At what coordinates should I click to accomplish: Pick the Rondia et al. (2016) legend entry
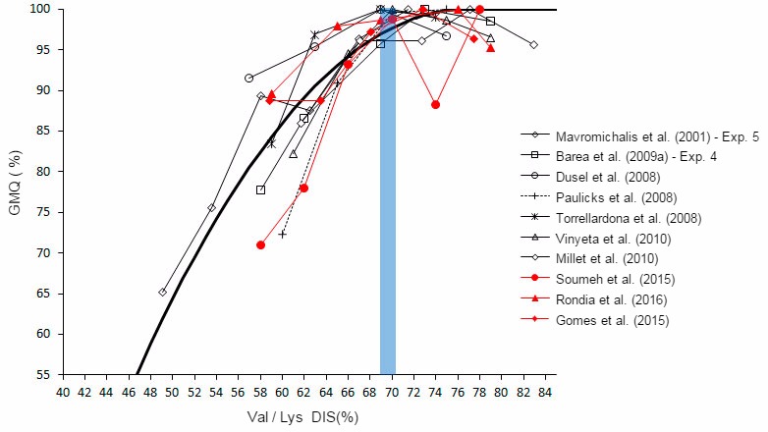(609, 300)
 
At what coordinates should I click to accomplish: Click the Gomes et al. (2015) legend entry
(609, 321)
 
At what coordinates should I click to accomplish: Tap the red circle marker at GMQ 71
(260, 244)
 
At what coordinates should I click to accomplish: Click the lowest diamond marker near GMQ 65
(162, 292)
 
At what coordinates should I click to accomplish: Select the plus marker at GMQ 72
(283, 234)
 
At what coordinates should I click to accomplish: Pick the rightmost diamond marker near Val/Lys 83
(533, 45)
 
